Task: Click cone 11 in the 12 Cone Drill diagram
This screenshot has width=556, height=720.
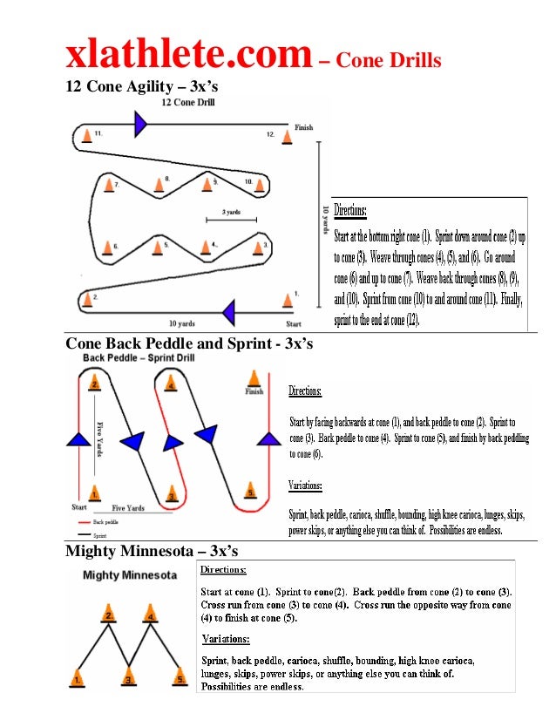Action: pos(86,135)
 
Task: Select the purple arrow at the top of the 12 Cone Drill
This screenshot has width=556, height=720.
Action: pos(139,125)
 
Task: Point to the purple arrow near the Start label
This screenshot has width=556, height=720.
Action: pos(228,311)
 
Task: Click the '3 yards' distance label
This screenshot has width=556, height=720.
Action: pos(231,212)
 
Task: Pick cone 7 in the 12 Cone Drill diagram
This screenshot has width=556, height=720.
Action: pos(109,185)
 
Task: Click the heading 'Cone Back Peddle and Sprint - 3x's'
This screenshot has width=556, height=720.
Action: pos(189,344)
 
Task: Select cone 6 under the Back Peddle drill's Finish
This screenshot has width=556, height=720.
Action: pos(254,378)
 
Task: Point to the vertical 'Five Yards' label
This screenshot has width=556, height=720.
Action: pos(99,440)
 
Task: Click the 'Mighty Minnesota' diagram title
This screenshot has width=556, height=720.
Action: pos(130,575)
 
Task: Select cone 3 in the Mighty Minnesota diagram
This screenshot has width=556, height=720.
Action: pos(128,676)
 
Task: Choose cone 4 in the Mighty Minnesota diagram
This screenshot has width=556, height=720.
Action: pos(152,614)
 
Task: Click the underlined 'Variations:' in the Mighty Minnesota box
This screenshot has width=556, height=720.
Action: pos(226,638)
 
